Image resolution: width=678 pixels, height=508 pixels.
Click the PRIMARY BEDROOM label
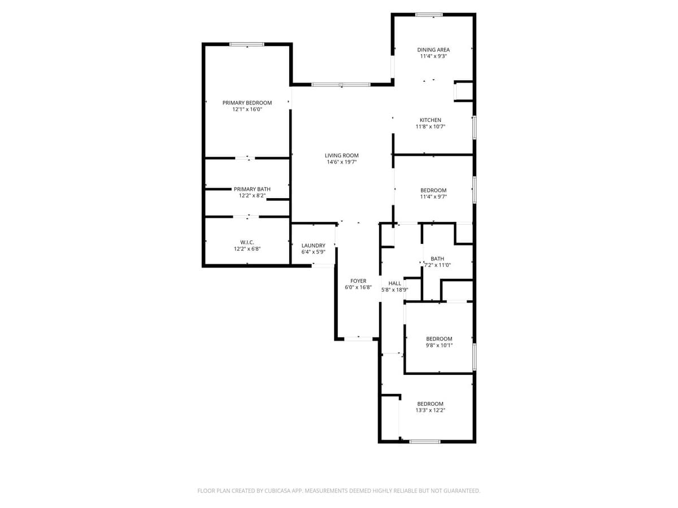247,103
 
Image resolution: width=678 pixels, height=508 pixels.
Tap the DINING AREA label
433,50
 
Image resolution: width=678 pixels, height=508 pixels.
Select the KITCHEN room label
430,120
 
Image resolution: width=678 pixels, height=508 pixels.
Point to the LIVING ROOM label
341,155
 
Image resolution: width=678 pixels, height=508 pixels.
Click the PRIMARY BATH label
252,189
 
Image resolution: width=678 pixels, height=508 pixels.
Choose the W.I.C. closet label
247,242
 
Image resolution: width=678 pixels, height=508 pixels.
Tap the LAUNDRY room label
313,246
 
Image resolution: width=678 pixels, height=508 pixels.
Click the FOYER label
358,281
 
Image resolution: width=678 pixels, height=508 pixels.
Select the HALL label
394,283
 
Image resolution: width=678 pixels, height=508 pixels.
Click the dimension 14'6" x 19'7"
341,162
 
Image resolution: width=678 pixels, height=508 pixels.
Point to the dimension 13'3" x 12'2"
430,410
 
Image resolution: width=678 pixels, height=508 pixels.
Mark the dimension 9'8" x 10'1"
439,345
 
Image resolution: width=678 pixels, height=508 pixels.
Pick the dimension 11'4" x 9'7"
433,197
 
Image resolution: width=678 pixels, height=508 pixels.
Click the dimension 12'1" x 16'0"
247,110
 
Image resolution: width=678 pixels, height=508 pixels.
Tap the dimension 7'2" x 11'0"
437,265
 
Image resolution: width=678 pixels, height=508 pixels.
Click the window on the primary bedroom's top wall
247,44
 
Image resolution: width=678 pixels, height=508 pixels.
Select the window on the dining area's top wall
429,15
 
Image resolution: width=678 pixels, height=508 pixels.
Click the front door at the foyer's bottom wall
359,339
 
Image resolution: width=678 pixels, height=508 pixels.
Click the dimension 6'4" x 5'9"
313,252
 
